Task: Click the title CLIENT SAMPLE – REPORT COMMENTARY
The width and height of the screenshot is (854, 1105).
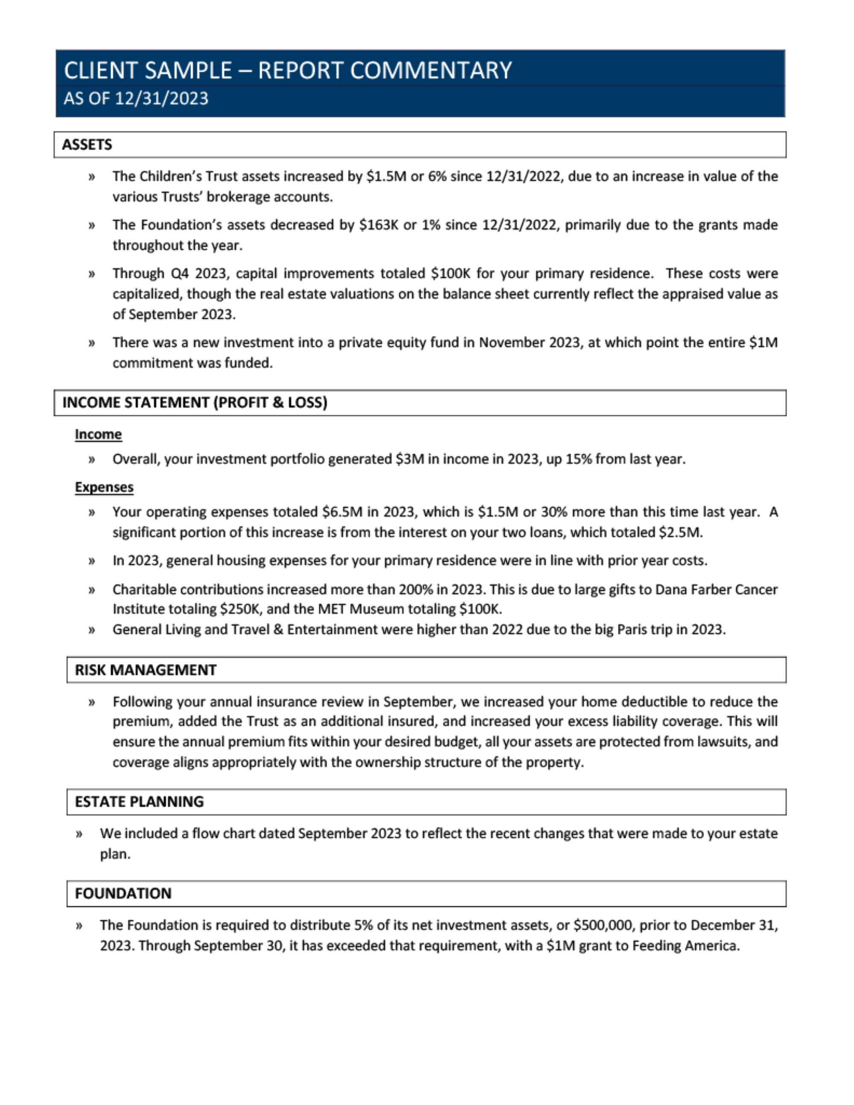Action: [287, 70]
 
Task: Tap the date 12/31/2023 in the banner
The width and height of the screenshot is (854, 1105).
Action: [161, 98]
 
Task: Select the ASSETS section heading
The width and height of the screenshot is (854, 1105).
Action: [87, 145]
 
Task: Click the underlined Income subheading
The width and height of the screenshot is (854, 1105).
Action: [98, 434]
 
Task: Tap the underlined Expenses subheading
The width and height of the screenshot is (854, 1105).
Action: [104, 487]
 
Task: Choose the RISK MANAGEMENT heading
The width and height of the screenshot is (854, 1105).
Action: [146, 671]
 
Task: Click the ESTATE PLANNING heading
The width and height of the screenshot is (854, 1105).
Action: [139, 802]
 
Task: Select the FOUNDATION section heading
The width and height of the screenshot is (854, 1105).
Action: [123, 893]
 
